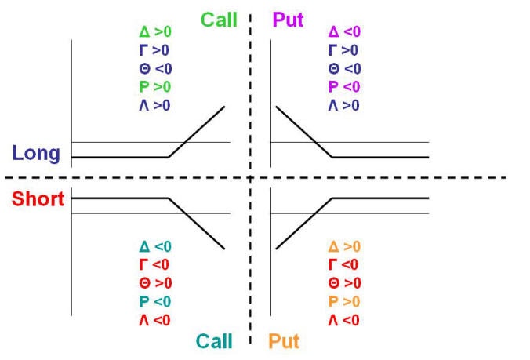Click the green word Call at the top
pos(219,20)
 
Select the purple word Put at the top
pos(288,20)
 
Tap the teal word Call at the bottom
pos(214,341)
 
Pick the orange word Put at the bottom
pos(284,341)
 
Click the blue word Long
pos(36,153)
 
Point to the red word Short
pos(38,198)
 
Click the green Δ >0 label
pos(155,32)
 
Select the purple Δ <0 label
pos(344,32)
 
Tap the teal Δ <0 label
pos(155,246)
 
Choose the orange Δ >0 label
pos(344,246)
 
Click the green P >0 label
pos(155,87)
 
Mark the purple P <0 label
pos(344,87)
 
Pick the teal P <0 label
pos(155,301)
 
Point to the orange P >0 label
pos(344,301)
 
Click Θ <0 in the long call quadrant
pos(155,69)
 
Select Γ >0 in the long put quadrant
pos(343,50)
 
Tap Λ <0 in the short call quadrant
pos(154,320)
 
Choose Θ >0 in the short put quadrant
pos(344,283)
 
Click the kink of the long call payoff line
pos(169,157)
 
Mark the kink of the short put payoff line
pos(332,198)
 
